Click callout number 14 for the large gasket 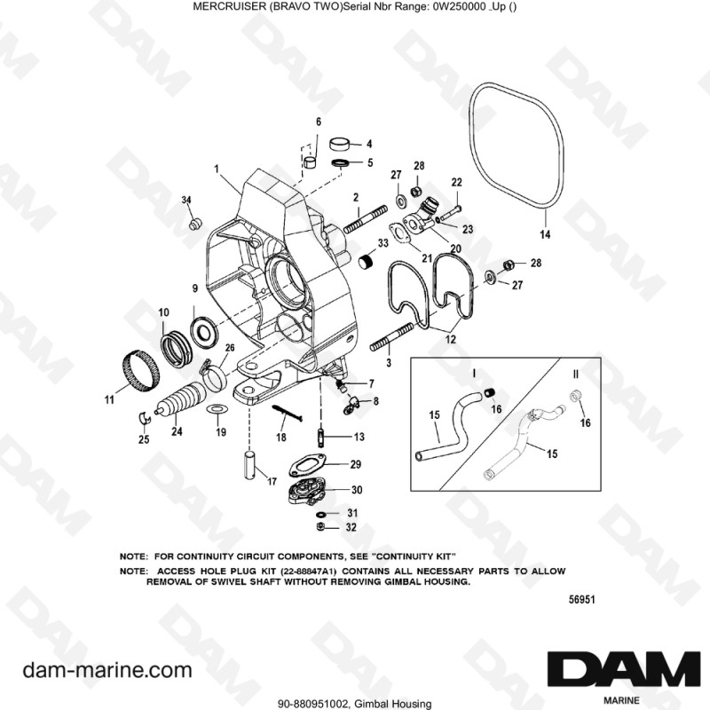(545, 234)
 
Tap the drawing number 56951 (581, 600)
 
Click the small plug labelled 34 (192, 220)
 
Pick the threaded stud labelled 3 (387, 340)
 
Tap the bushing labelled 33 (363, 262)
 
